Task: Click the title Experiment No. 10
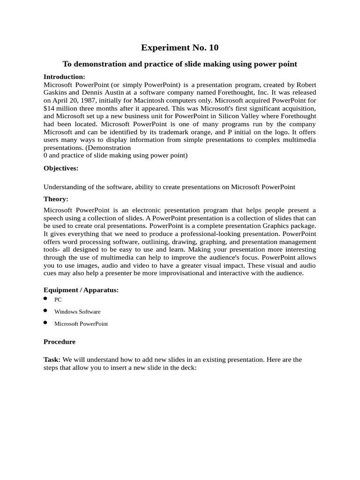pos(180,48)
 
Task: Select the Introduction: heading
pos(64,76)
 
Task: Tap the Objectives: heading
pos(61,168)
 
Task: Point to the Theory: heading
pos(56,199)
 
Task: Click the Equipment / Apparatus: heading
pos(81,290)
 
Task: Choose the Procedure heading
pos(60,342)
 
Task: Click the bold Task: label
pos(52,360)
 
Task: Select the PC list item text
pos(58,300)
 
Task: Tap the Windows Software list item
pos(77,311)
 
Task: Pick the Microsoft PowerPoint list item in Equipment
pos(81,323)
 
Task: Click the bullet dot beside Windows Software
pos(45,310)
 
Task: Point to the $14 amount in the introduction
pos(49,108)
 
